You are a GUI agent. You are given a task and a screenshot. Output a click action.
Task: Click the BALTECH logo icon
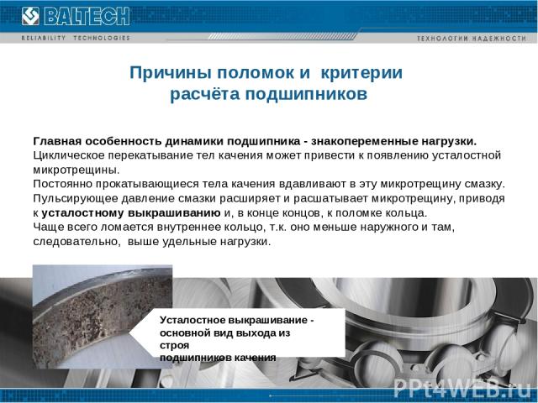tap(30, 16)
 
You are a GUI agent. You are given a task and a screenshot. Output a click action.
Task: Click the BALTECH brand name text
tap(87, 16)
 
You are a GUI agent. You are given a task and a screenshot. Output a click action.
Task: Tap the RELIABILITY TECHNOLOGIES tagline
tap(76, 38)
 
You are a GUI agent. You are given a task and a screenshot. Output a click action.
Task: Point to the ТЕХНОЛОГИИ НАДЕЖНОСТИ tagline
tap(472, 39)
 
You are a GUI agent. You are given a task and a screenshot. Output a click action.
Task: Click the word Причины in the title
tap(171, 73)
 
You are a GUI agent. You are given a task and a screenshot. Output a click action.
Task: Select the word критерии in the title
tap(361, 73)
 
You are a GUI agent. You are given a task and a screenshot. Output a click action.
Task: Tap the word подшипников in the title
tap(306, 94)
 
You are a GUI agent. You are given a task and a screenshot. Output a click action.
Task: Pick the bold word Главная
tap(57, 141)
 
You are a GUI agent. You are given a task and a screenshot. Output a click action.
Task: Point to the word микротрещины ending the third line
tap(76, 170)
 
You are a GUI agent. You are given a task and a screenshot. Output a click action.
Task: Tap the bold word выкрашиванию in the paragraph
tap(174, 212)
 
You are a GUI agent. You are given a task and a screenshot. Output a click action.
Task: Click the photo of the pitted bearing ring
tap(103, 317)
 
